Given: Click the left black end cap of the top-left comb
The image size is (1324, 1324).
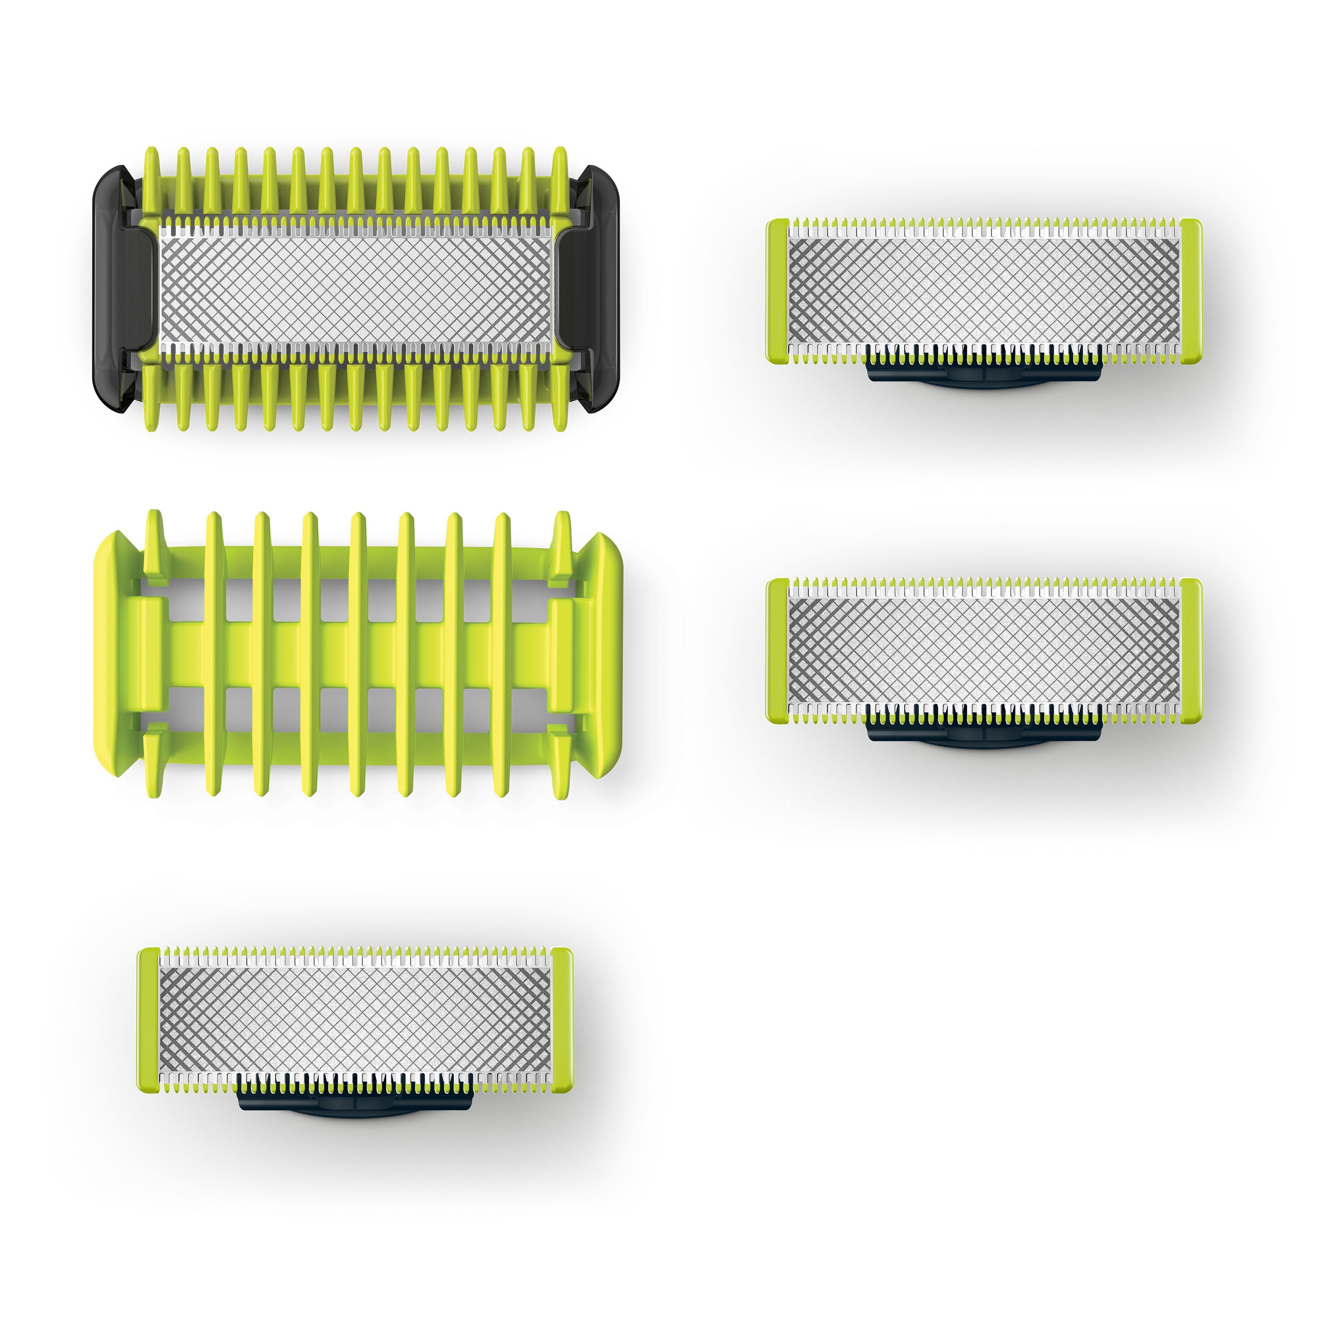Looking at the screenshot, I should [x=117, y=288].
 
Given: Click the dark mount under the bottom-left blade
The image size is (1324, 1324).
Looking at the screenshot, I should [x=355, y=1103].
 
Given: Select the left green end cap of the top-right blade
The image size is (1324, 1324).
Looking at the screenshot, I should [x=777, y=291].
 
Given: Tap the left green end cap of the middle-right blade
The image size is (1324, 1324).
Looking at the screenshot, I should [x=777, y=650].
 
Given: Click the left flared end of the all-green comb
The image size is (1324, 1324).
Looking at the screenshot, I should [x=113, y=654].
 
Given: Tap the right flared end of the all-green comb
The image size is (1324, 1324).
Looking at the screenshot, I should [x=603, y=654].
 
